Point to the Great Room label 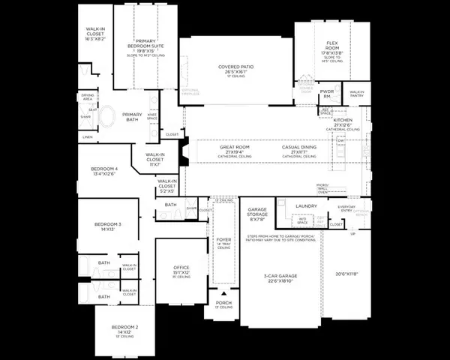[235, 148]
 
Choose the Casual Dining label [298, 148]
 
